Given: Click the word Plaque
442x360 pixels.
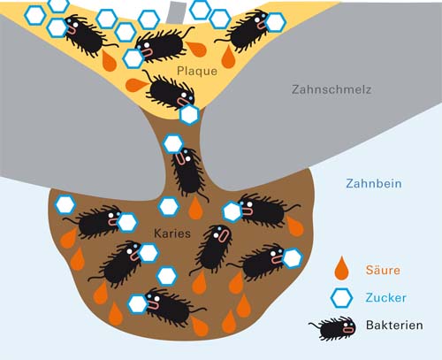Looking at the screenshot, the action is tap(197, 72).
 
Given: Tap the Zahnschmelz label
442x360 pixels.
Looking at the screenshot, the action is tap(331, 89).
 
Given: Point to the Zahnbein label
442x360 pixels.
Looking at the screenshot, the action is tap(374, 183).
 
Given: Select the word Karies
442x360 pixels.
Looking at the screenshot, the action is tap(172, 234).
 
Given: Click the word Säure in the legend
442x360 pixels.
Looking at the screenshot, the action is tap(383, 270).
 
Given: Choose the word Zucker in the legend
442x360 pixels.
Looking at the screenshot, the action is tap(385, 298).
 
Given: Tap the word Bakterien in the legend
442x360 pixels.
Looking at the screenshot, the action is tap(394, 326).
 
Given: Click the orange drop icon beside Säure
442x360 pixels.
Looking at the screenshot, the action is tap(341, 268).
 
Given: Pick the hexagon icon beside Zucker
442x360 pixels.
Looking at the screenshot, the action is tap(341, 298).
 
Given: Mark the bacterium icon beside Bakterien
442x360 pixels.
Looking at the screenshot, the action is tap(334, 328).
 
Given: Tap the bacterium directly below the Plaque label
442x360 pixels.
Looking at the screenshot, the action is tap(171, 91).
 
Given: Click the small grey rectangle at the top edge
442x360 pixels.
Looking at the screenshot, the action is tap(177, 12).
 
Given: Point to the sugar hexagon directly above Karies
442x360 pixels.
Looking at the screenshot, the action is tap(169, 207).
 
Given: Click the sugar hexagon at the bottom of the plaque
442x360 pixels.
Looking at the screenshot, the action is tap(189, 115).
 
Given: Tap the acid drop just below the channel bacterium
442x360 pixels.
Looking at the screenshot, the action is tap(195, 208).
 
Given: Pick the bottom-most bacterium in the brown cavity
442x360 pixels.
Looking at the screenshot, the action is tap(171, 307).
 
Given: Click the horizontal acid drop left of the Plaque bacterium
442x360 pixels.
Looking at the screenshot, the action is tap(136, 85).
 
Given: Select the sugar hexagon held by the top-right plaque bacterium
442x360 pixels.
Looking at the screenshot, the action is tap(275, 22).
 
